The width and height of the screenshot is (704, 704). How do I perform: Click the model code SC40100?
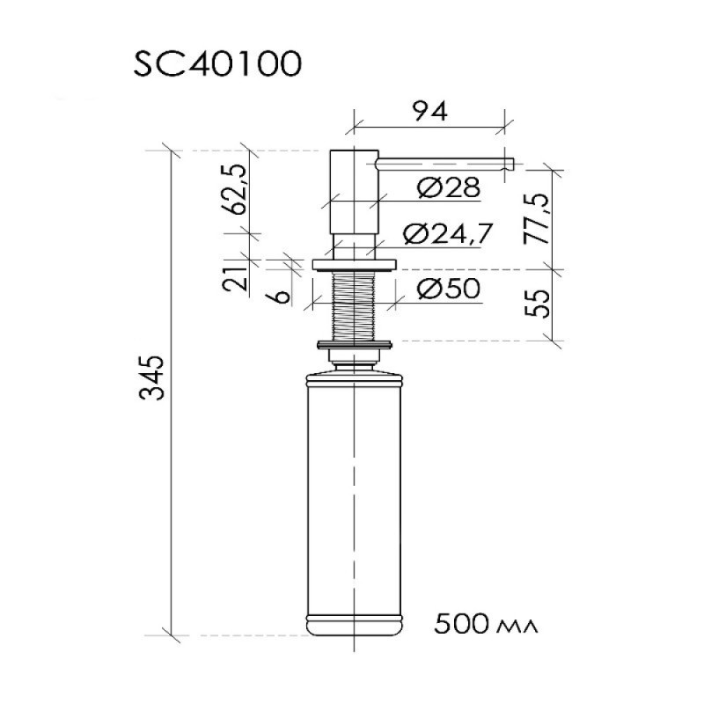click(x=217, y=63)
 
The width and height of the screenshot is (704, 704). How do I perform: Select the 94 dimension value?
click(x=430, y=112)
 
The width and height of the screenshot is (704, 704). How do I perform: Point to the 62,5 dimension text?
click(x=235, y=189)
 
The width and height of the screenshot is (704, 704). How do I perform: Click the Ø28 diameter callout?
click(x=448, y=187)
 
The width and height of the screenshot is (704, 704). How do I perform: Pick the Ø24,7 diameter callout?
click(x=448, y=234)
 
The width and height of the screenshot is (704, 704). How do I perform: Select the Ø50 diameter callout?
click(x=448, y=289)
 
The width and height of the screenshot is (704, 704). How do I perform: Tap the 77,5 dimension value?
click(x=537, y=219)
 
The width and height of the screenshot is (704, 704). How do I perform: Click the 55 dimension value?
click(x=537, y=304)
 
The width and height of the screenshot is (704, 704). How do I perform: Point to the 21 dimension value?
click(x=235, y=278)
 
